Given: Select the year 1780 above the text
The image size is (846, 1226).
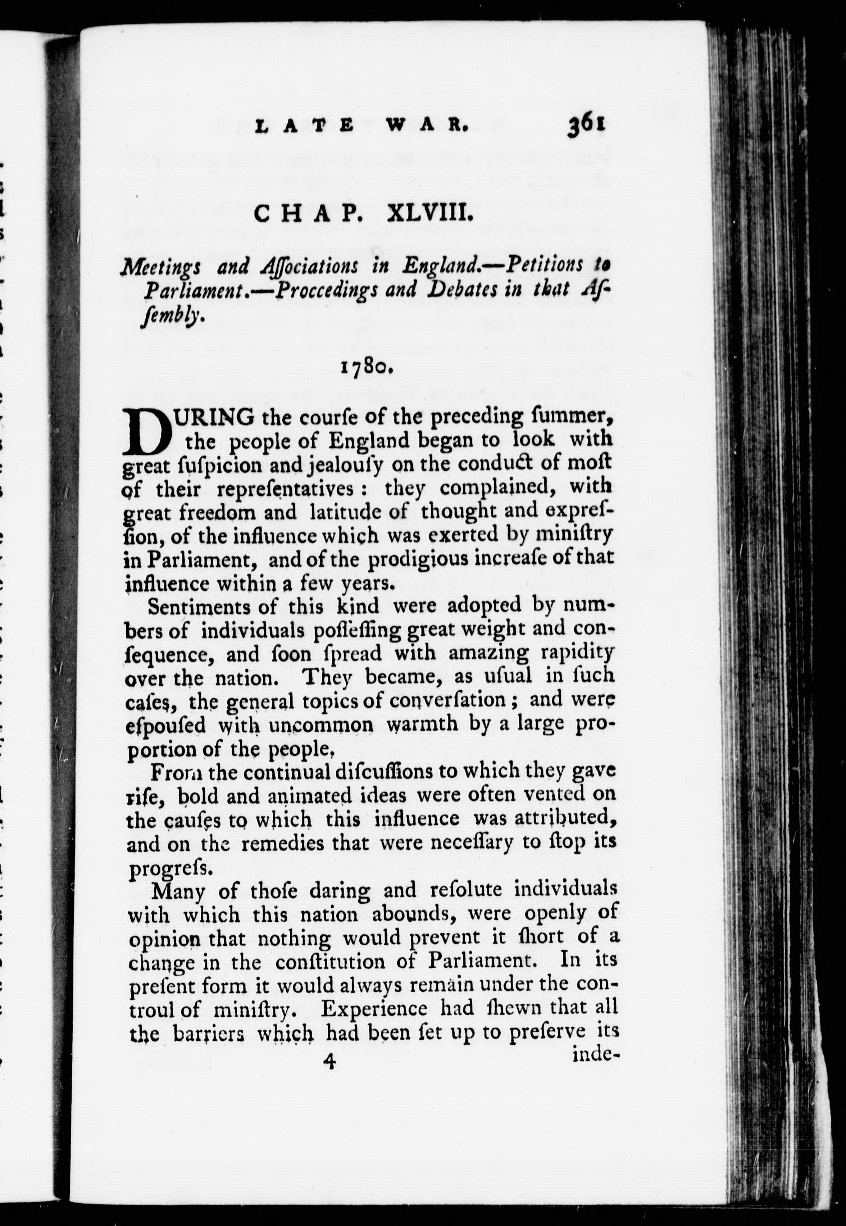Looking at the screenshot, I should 366,367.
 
